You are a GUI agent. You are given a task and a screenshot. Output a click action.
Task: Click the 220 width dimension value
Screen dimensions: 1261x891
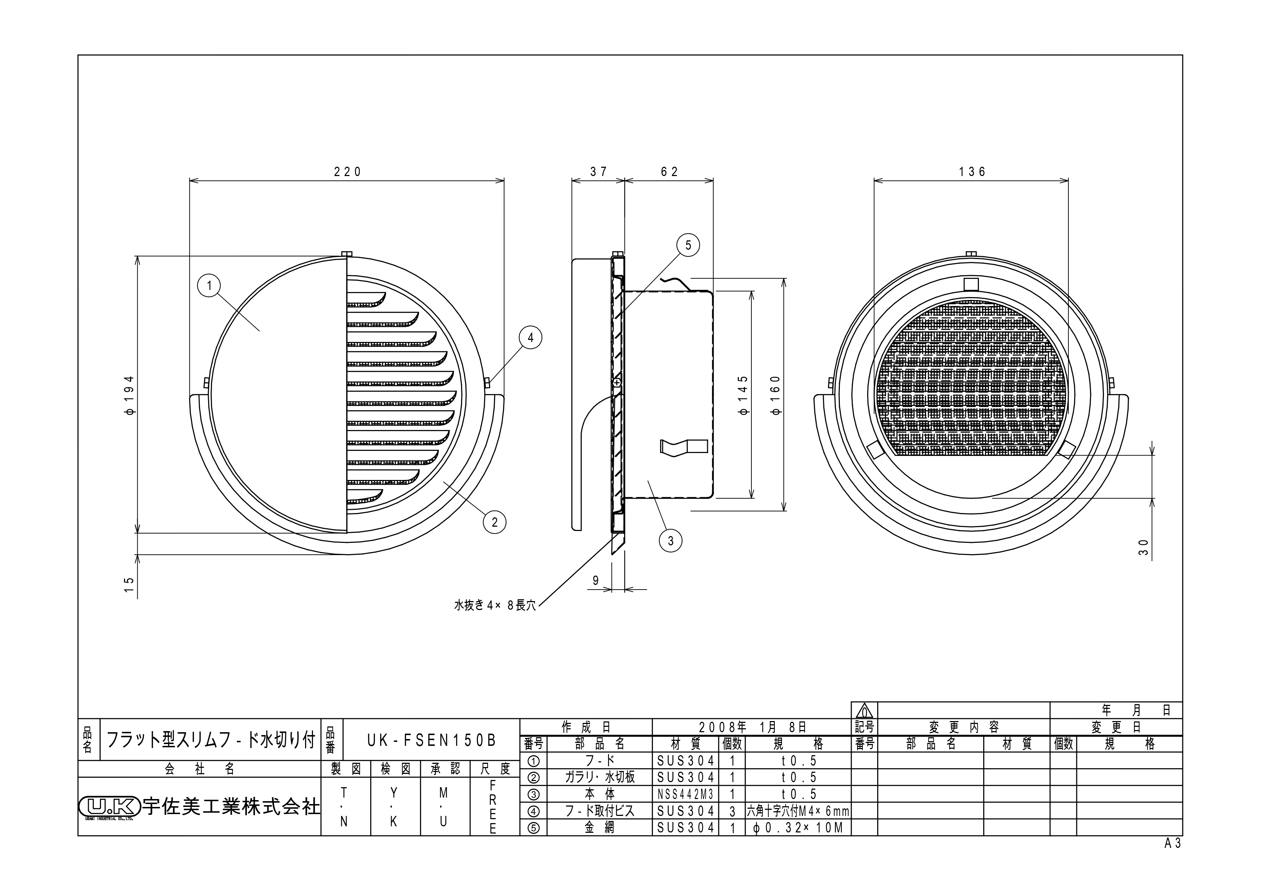click(x=348, y=172)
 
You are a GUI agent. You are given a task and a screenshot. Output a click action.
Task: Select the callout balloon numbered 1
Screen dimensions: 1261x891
click(x=209, y=286)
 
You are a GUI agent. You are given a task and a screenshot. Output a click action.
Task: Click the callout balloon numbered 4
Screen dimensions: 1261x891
click(x=530, y=338)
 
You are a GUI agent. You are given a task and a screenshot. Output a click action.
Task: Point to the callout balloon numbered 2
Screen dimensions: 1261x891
click(x=494, y=522)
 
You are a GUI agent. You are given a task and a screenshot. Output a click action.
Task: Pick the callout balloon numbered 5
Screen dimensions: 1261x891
click(x=688, y=245)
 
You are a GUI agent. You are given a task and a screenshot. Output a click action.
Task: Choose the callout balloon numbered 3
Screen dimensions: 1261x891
click(x=670, y=541)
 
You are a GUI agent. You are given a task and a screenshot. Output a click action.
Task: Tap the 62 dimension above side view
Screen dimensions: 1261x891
click(x=669, y=172)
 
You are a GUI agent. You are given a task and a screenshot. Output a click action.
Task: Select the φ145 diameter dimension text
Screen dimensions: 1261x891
click(x=743, y=395)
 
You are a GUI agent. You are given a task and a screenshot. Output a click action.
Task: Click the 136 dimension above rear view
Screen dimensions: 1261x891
click(x=972, y=172)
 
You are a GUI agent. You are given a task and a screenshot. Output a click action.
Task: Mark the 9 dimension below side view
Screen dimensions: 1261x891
click(x=596, y=580)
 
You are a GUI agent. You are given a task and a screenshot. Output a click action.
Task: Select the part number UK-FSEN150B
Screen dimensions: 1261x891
click(x=431, y=740)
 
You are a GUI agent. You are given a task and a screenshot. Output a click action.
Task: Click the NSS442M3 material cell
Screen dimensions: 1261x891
click(x=685, y=794)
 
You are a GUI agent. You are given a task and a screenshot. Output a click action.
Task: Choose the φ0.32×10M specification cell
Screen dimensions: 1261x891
click(x=797, y=828)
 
